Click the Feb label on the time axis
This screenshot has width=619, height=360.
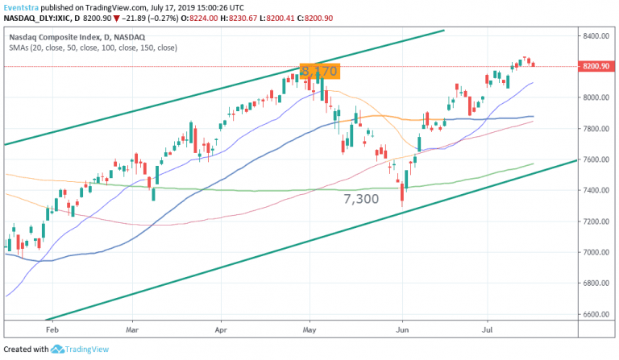click(53, 330)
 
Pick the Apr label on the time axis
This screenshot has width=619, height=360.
click(222, 330)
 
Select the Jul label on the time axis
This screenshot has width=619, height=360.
click(488, 330)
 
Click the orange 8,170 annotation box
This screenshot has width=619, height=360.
click(320, 71)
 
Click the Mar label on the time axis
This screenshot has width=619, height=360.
click(133, 330)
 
